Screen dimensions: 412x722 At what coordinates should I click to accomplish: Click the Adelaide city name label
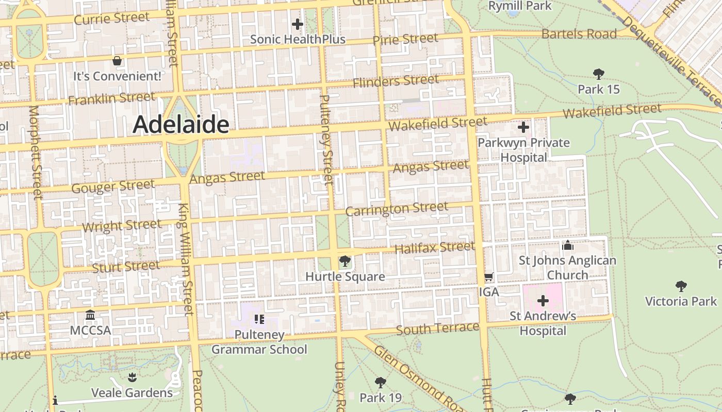181,125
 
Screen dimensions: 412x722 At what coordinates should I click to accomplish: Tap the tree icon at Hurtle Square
345,261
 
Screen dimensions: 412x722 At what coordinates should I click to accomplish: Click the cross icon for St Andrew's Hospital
543,300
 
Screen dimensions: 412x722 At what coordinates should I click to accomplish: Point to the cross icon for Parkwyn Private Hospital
523,127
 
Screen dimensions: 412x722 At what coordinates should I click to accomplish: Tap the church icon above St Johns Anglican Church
568,245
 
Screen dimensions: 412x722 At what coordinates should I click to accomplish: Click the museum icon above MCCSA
90,315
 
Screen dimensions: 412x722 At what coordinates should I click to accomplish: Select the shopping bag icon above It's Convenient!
117,61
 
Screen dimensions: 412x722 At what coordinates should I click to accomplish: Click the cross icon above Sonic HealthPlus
298,24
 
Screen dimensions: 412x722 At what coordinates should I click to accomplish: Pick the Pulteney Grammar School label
259,342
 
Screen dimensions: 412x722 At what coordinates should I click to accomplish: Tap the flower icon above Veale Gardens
132,377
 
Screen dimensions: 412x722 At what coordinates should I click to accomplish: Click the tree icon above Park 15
598,74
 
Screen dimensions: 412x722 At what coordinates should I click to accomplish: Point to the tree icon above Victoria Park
681,286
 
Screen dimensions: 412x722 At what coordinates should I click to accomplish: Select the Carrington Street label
397,209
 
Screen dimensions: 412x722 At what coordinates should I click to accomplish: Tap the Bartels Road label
579,34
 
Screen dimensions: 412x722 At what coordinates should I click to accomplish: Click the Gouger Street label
113,186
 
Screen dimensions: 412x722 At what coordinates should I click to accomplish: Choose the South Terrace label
438,329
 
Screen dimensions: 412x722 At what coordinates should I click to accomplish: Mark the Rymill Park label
520,6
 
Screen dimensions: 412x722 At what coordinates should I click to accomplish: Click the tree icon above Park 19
381,382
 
